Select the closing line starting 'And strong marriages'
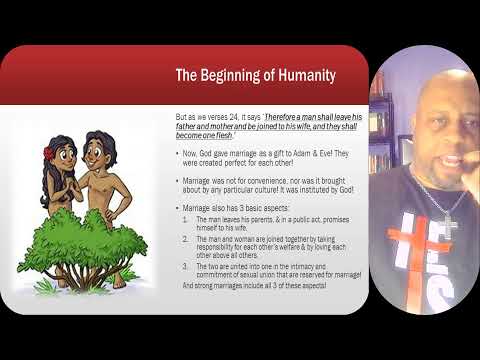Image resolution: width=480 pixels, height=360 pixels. [x=250, y=285]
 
